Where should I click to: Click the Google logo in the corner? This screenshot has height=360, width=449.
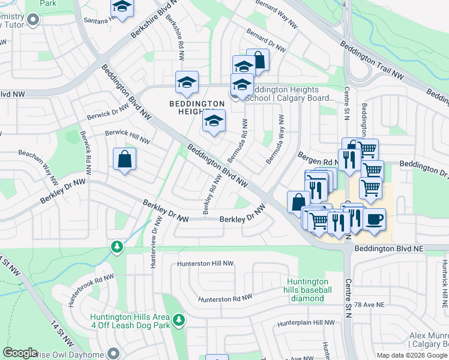pyautogui.click(x=20, y=353)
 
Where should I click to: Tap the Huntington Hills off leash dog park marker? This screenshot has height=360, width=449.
pyautogui.click(x=178, y=322)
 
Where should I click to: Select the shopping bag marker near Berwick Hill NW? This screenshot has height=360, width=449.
pyautogui.click(x=124, y=160)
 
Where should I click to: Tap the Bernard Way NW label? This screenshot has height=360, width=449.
pyautogui.click(x=276, y=13)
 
